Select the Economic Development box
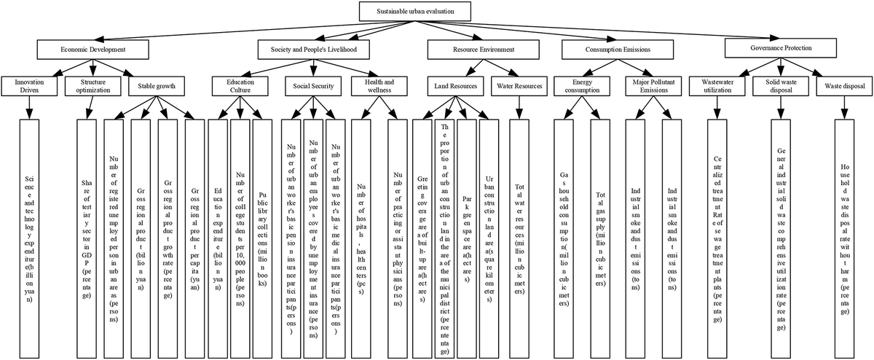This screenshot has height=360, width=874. [x=92, y=49]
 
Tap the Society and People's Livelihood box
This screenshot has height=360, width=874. [x=313, y=49]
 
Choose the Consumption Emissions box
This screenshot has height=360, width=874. [x=607, y=49]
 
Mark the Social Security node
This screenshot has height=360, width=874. [x=312, y=86]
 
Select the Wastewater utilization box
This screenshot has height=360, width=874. [x=717, y=85]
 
